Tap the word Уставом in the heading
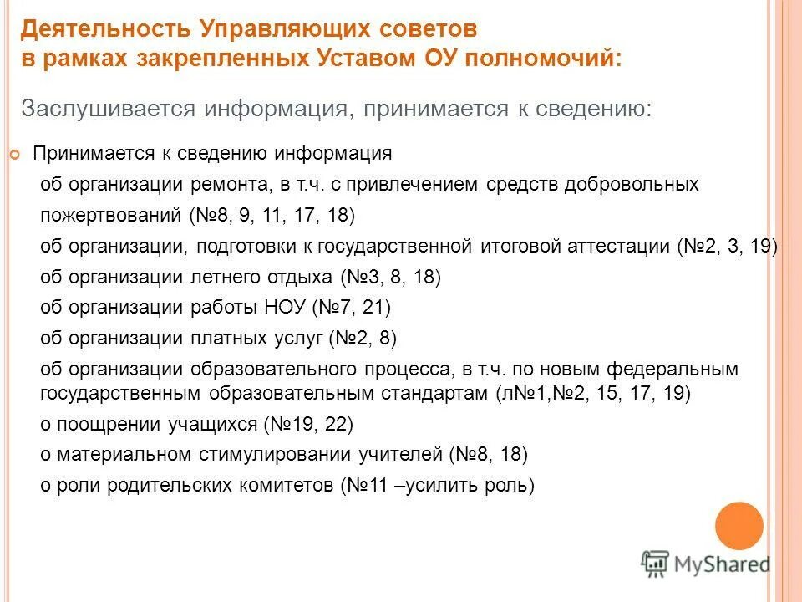click(405, 60)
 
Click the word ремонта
click(230, 185)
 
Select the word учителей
click(399, 454)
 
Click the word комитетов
click(287, 485)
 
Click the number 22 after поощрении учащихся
click(334, 424)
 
